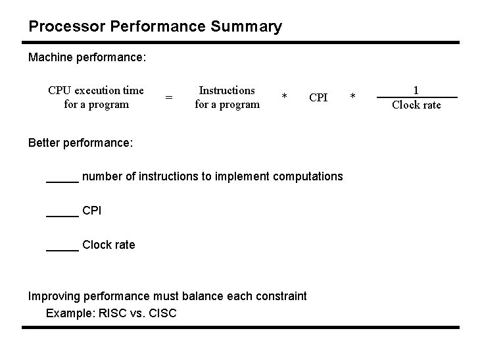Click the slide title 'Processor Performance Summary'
(x=155, y=27)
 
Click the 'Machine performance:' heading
(x=87, y=58)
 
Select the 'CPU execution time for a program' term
(x=96, y=97)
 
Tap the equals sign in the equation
(x=169, y=98)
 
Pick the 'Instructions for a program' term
(x=227, y=97)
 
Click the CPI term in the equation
(x=318, y=98)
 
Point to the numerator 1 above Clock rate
(x=416, y=90)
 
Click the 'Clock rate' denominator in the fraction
(x=416, y=105)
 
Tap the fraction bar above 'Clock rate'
(x=416, y=97)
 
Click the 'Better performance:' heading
(x=81, y=143)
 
